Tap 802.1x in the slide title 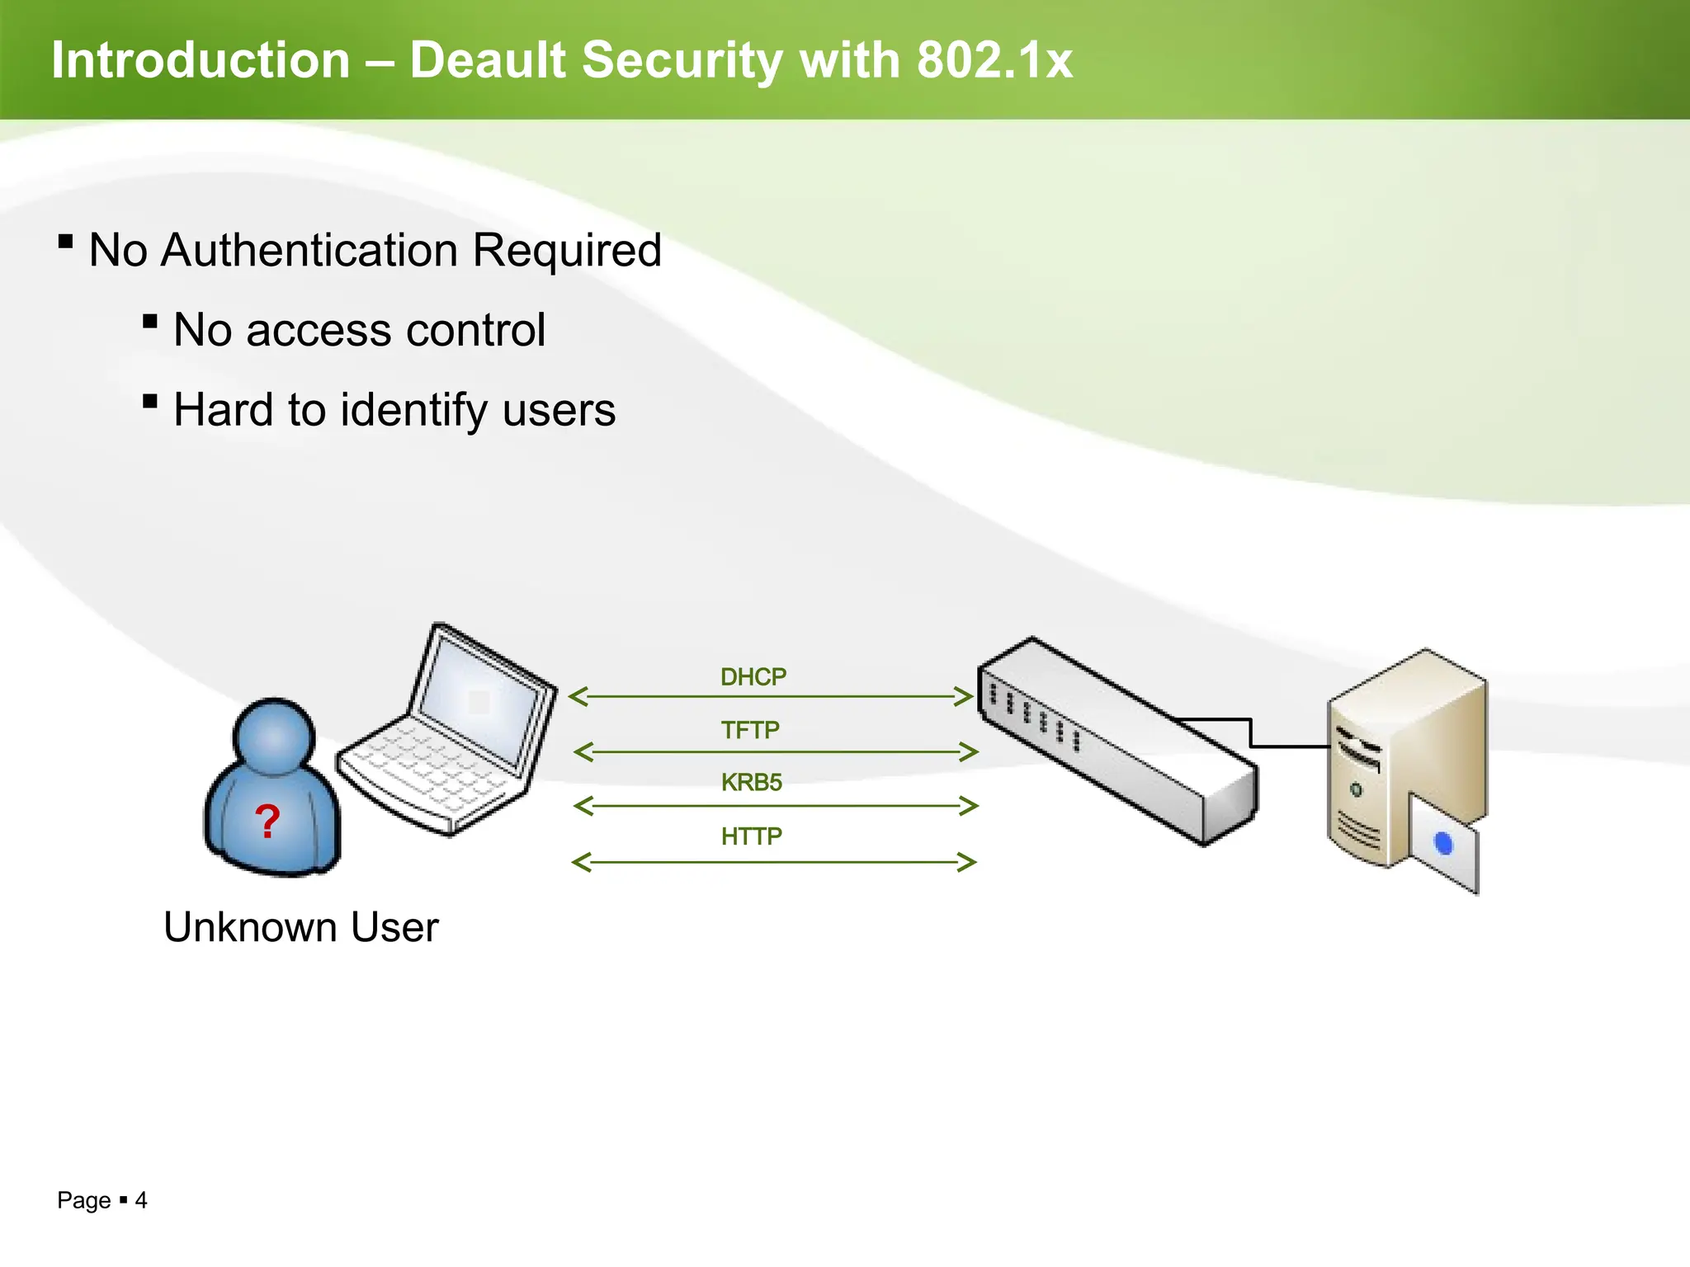tap(994, 60)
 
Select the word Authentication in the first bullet tap(309, 250)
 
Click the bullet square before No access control tap(150, 322)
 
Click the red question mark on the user tap(267, 822)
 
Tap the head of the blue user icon tap(274, 736)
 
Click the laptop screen tap(480, 701)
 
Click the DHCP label tap(753, 677)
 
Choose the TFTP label tap(750, 730)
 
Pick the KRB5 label tap(752, 782)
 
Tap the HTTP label tap(752, 836)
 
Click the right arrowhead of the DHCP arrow tap(965, 696)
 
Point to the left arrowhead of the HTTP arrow tap(581, 863)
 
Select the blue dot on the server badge tap(1443, 844)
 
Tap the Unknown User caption tap(301, 927)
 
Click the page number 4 tap(141, 1200)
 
